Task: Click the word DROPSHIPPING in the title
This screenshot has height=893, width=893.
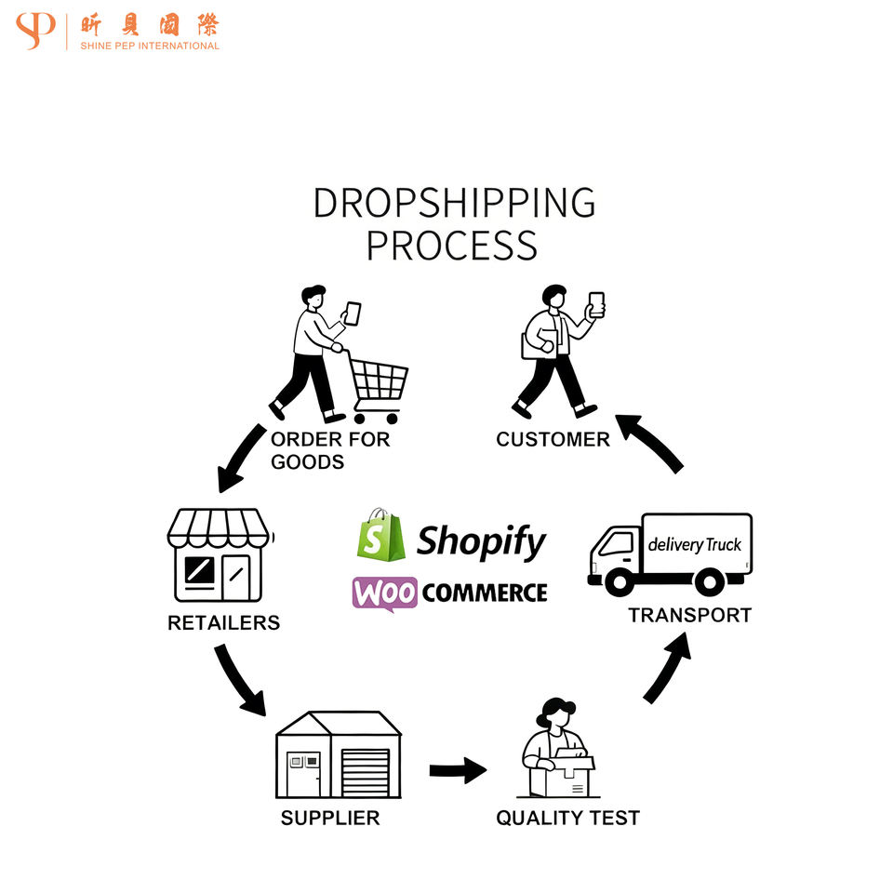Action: pyautogui.click(x=453, y=203)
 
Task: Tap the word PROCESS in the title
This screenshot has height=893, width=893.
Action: pyautogui.click(x=451, y=246)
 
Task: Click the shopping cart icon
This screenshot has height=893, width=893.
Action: pyautogui.click(x=377, y=384)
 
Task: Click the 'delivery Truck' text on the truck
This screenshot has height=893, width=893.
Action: pyautogui.click(x=694, y=544)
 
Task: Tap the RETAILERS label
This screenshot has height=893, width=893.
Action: pyautogui.click(x=223, y=622)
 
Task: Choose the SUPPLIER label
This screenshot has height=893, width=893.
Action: pyautogui.click(x=330, y=818)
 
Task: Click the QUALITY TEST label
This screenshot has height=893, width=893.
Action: pyautogui.click(x=567, y=818)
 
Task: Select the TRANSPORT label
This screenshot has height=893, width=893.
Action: pyautogui.click(x=689, y=615)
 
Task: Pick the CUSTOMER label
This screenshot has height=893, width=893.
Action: pyautogui.click(x=553, y=439)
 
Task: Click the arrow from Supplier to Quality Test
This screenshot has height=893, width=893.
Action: pyautogui.click(x=458, y=770)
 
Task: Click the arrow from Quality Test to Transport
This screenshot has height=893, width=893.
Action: pyautogui.click(x=668, y=666)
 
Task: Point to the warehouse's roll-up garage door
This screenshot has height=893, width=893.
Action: pyautogui.click(x=366, y=772)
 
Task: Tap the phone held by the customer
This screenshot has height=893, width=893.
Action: pyautogui.click(x=596, y=304)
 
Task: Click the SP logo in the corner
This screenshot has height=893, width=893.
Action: pyautogui.click(x=35, y=31)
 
